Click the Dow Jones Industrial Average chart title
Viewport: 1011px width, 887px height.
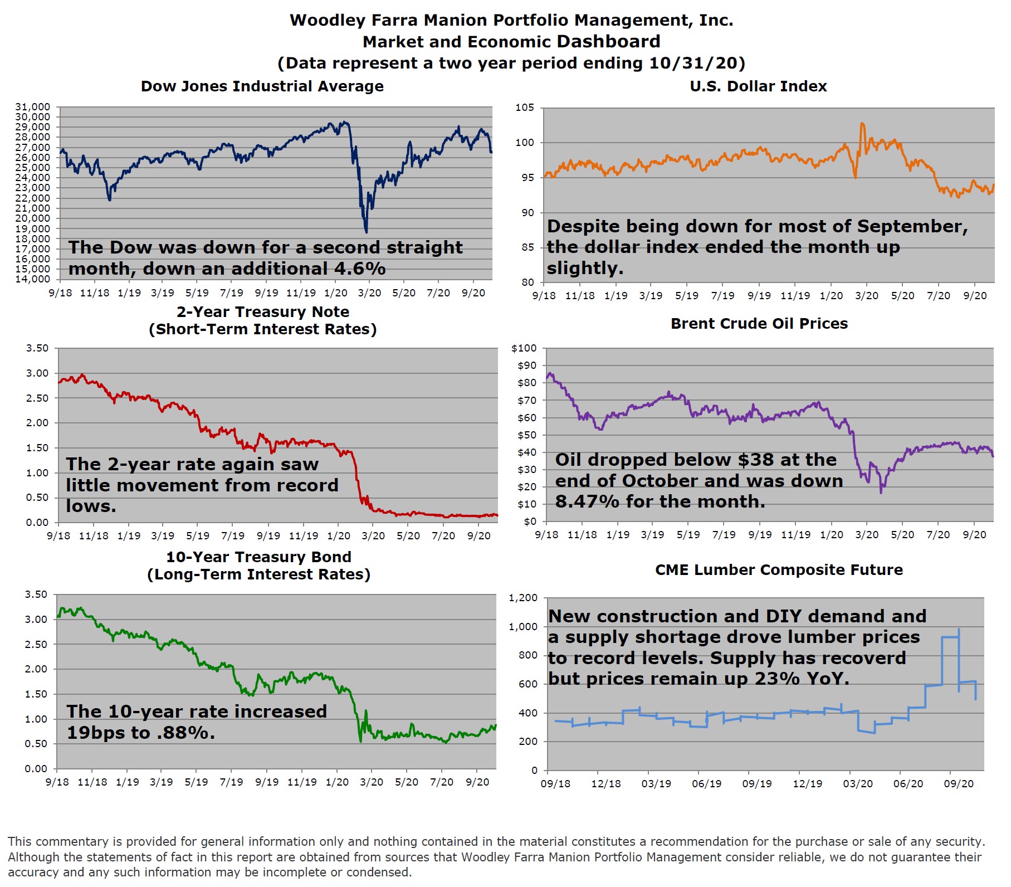pyautogui.click(x=262, y=86)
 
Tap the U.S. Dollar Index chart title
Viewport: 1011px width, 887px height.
pyautogui.click(x=758, y=86)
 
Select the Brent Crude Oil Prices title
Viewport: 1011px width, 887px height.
pyautogui.click(x=759, y=324)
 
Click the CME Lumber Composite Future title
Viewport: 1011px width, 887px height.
pyautogui.click(x=779, y=570)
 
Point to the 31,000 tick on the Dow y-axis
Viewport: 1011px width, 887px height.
pyautogui.click(x=33, y=107)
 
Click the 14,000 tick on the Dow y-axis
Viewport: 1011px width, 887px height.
pyautogui.click(x=33, y=279)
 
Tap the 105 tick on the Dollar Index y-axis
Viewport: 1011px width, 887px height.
pyautogui.click(x=525, y=108)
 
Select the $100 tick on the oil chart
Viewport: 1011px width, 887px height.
pyautogui.click(x=524, y=348)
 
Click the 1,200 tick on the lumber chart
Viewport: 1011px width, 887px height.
pyautogui.click(x=523, y=598)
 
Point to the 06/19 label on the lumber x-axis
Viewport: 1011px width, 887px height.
pyautogui.click(x=706, y=784)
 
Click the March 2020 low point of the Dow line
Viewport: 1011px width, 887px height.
pyautogui.click(x=366, y=232)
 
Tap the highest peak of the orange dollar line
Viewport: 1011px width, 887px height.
pyautogui.click(x=862, y=124)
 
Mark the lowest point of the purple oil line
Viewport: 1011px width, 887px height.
pyautogui.click(x=881, y=493)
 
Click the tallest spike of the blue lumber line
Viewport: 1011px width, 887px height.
pyautogui.click(x=959, y=630)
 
